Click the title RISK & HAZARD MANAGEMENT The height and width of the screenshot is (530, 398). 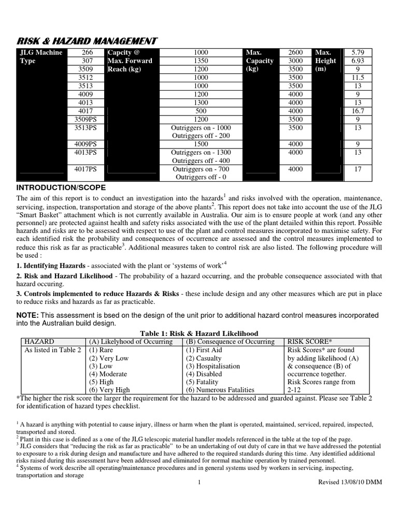87,41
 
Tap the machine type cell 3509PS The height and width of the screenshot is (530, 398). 84,119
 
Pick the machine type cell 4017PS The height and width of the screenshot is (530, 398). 84,169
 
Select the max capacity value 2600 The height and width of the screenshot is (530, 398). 295,52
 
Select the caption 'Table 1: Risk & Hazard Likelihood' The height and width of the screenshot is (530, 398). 199,333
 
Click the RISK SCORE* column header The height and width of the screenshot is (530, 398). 309,342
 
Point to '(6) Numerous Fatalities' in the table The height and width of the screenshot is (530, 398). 220,390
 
